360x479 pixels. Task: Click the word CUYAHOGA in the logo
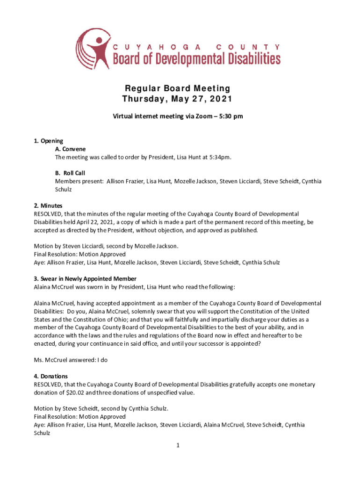pyautogui.click(x=158, y=47)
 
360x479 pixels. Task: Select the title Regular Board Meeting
pyautogui.click(x=177, y=88)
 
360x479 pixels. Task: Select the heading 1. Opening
pyautogui.click(x=49, y=141)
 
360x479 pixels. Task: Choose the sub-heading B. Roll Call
pyautogui.click(x=70, y=173)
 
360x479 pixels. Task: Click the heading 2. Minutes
pyautogui.click(x=48, y=206)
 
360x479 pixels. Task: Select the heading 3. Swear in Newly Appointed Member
pyautogui.click(x=85, y=279)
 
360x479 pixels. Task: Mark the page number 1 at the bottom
pyautogui.click(x=178, y=445)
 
